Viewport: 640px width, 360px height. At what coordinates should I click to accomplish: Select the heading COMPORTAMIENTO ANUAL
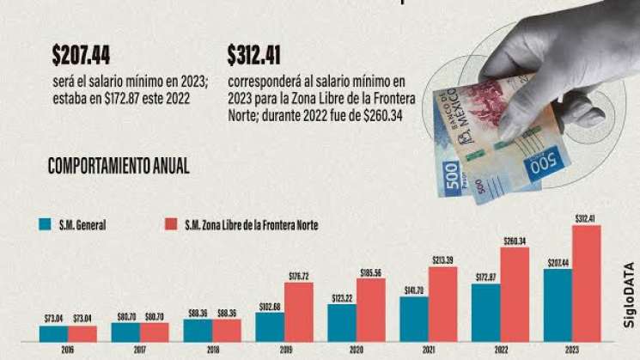click(x=119, y=166)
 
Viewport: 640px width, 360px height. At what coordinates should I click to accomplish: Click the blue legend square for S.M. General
click(x=45, y=225)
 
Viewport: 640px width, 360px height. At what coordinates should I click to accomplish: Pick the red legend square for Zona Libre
click(x=169, y=225)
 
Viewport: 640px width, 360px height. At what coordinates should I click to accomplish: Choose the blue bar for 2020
click(x=342, y=323)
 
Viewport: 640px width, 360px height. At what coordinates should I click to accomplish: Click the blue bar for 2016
click(x=53, y=333)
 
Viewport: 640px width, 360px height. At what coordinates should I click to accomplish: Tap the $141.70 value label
click(x=414, y=290)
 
